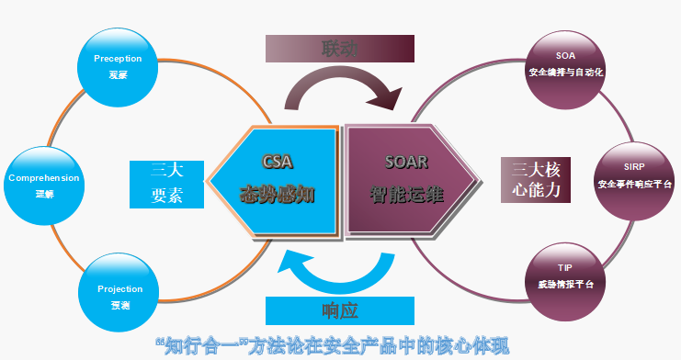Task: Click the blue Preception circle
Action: (117, 66)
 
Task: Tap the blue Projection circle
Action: (119, 296)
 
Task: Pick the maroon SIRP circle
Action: (635, 175)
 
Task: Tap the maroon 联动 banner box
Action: (339, 49)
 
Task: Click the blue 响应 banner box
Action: (339, 309)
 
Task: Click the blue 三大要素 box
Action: (166, 184)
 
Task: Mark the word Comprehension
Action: (43, 177)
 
